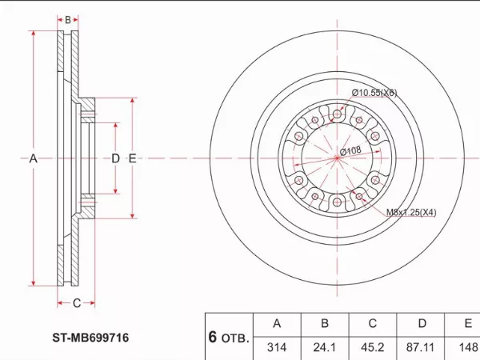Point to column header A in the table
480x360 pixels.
tap(276, 324)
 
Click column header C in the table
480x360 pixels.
tap(372, 324)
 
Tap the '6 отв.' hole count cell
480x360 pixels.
tap(229, 337)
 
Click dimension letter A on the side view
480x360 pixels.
tap(34, 159)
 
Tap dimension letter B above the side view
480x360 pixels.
tap(68, 19)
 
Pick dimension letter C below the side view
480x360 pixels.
tap(77, 302)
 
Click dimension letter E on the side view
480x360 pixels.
tap(132, 159)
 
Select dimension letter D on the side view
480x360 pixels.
tap(115, 159)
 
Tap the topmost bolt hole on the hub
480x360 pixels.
tap(337, 115)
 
